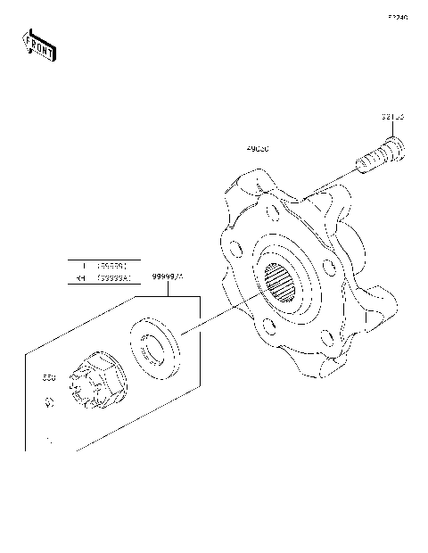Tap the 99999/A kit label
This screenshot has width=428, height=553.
167,278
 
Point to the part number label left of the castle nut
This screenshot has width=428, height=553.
49,378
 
